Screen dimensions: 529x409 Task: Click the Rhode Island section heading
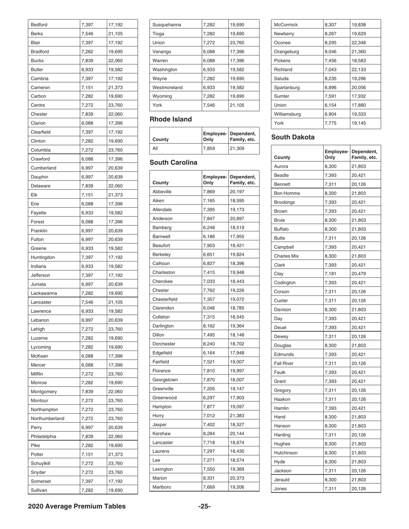tap(170, 119)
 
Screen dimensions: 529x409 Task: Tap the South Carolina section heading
tap(173, 163)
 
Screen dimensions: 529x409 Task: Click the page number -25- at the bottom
tap(204, 506)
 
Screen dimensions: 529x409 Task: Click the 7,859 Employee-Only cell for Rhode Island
tap(208, 148)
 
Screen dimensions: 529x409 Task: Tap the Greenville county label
tap(165, 388)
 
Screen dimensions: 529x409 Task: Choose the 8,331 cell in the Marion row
tap(208, 478)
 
